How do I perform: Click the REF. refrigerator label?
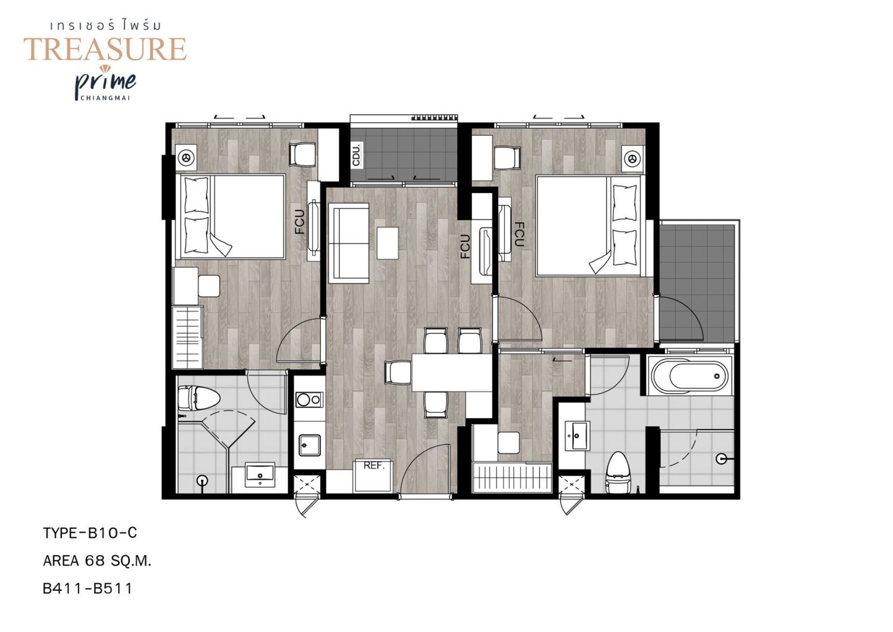[x=373, y=466]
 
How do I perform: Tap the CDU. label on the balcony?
[x=357, y=154]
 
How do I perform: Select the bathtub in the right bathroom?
[x=690, y=375]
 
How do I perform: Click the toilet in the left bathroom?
[x=198, y=398]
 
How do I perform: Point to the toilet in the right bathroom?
[x=617, y=473]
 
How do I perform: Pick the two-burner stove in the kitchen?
[x=309, y=399]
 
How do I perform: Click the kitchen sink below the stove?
[x=310, y=446]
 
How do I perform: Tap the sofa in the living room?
[x=348, y=243]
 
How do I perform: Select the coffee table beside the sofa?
[x=388, y=243]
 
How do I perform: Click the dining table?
[x=452, y=373]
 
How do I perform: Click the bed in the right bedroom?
[x=588, y=226]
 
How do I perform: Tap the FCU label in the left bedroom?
[x=300, y=222]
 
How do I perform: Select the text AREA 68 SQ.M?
[x=97, y=561]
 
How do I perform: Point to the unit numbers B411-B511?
[x=88, y=589]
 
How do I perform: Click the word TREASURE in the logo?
[x=105, y=49]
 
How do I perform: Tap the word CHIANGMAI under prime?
[x=105, y=98]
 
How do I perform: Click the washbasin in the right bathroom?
[x=576, y=436]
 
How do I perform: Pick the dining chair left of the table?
[x=398, y=373]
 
